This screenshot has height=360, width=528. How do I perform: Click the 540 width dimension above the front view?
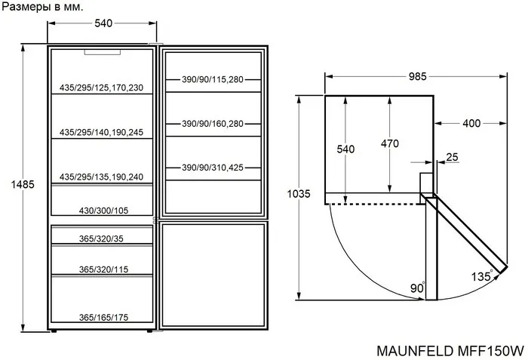103,23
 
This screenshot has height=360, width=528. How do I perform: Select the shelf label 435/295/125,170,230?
102,88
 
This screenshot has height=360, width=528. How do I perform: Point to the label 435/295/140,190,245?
102,132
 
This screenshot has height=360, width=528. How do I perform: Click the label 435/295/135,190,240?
102,177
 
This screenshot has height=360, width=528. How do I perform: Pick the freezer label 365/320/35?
100,238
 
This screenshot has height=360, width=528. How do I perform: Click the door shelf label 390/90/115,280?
213,79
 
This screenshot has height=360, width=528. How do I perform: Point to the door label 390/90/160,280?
213,124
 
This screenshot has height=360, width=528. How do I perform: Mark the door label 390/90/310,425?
213,168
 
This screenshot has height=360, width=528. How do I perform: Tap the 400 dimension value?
471,123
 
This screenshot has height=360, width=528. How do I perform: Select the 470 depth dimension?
389,143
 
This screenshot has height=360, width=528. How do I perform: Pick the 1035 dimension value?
299,194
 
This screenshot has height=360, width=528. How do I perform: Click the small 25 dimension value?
452,158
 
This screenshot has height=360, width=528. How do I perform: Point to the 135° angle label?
483,276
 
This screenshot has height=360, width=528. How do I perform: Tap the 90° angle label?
418,288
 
